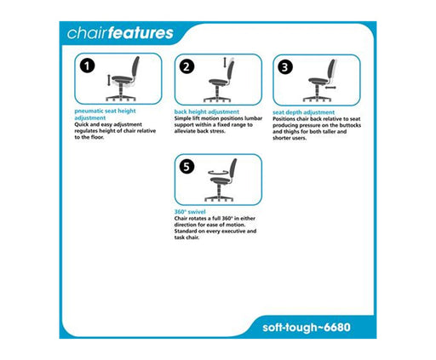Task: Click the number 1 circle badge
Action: pyautogui.click(x=87, y=66)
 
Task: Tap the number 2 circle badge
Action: pyautogui.click(x=186, y=66)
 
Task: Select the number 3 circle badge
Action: pyautogui.click(x=285, y=67)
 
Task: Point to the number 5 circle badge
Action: pyautogui.click(x=186, y=166)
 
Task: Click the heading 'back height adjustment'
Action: pyautogui.click(x=207, y=111)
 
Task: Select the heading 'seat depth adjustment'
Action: pyautogui.click(x=303, y=112)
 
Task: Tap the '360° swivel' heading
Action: pyautogui.click(x=190, y=212)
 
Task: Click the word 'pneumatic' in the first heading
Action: pyautogui.click(x=89, y=111)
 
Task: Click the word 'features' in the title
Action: pyautogui.click(x=141, y=33)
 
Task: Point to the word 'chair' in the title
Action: pyautogui.click(x=88, y=33)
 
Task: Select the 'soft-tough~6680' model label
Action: pyautogui.click(x=307, y=328)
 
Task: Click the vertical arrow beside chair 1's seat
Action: pyautogui.click(x=109, y=80)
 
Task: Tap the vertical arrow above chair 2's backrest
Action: pyautogui.click(x=225, y=62)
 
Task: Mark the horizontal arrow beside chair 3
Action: pyautogui.click(x=330, y=88)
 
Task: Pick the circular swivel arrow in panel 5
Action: pyautogui.click(x=218, y=172)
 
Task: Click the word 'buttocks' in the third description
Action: pyautogui.click(x=351, y=125)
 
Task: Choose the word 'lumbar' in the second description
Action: pyautogui.click(x=254, y=118)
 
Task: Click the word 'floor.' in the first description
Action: pyautogui.click(x=97, y=137)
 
